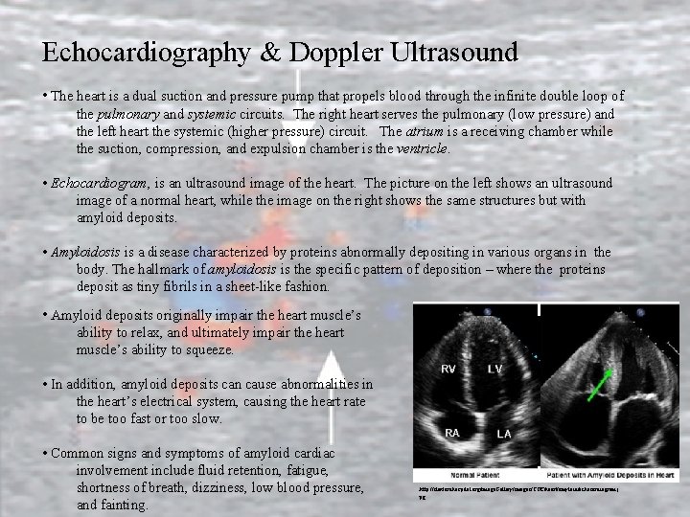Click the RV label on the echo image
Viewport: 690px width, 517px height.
coord(448,369)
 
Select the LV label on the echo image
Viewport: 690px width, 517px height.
coord(494,369)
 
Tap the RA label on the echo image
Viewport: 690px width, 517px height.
coord(451,433)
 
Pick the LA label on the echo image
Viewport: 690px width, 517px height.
coord(503,434)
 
